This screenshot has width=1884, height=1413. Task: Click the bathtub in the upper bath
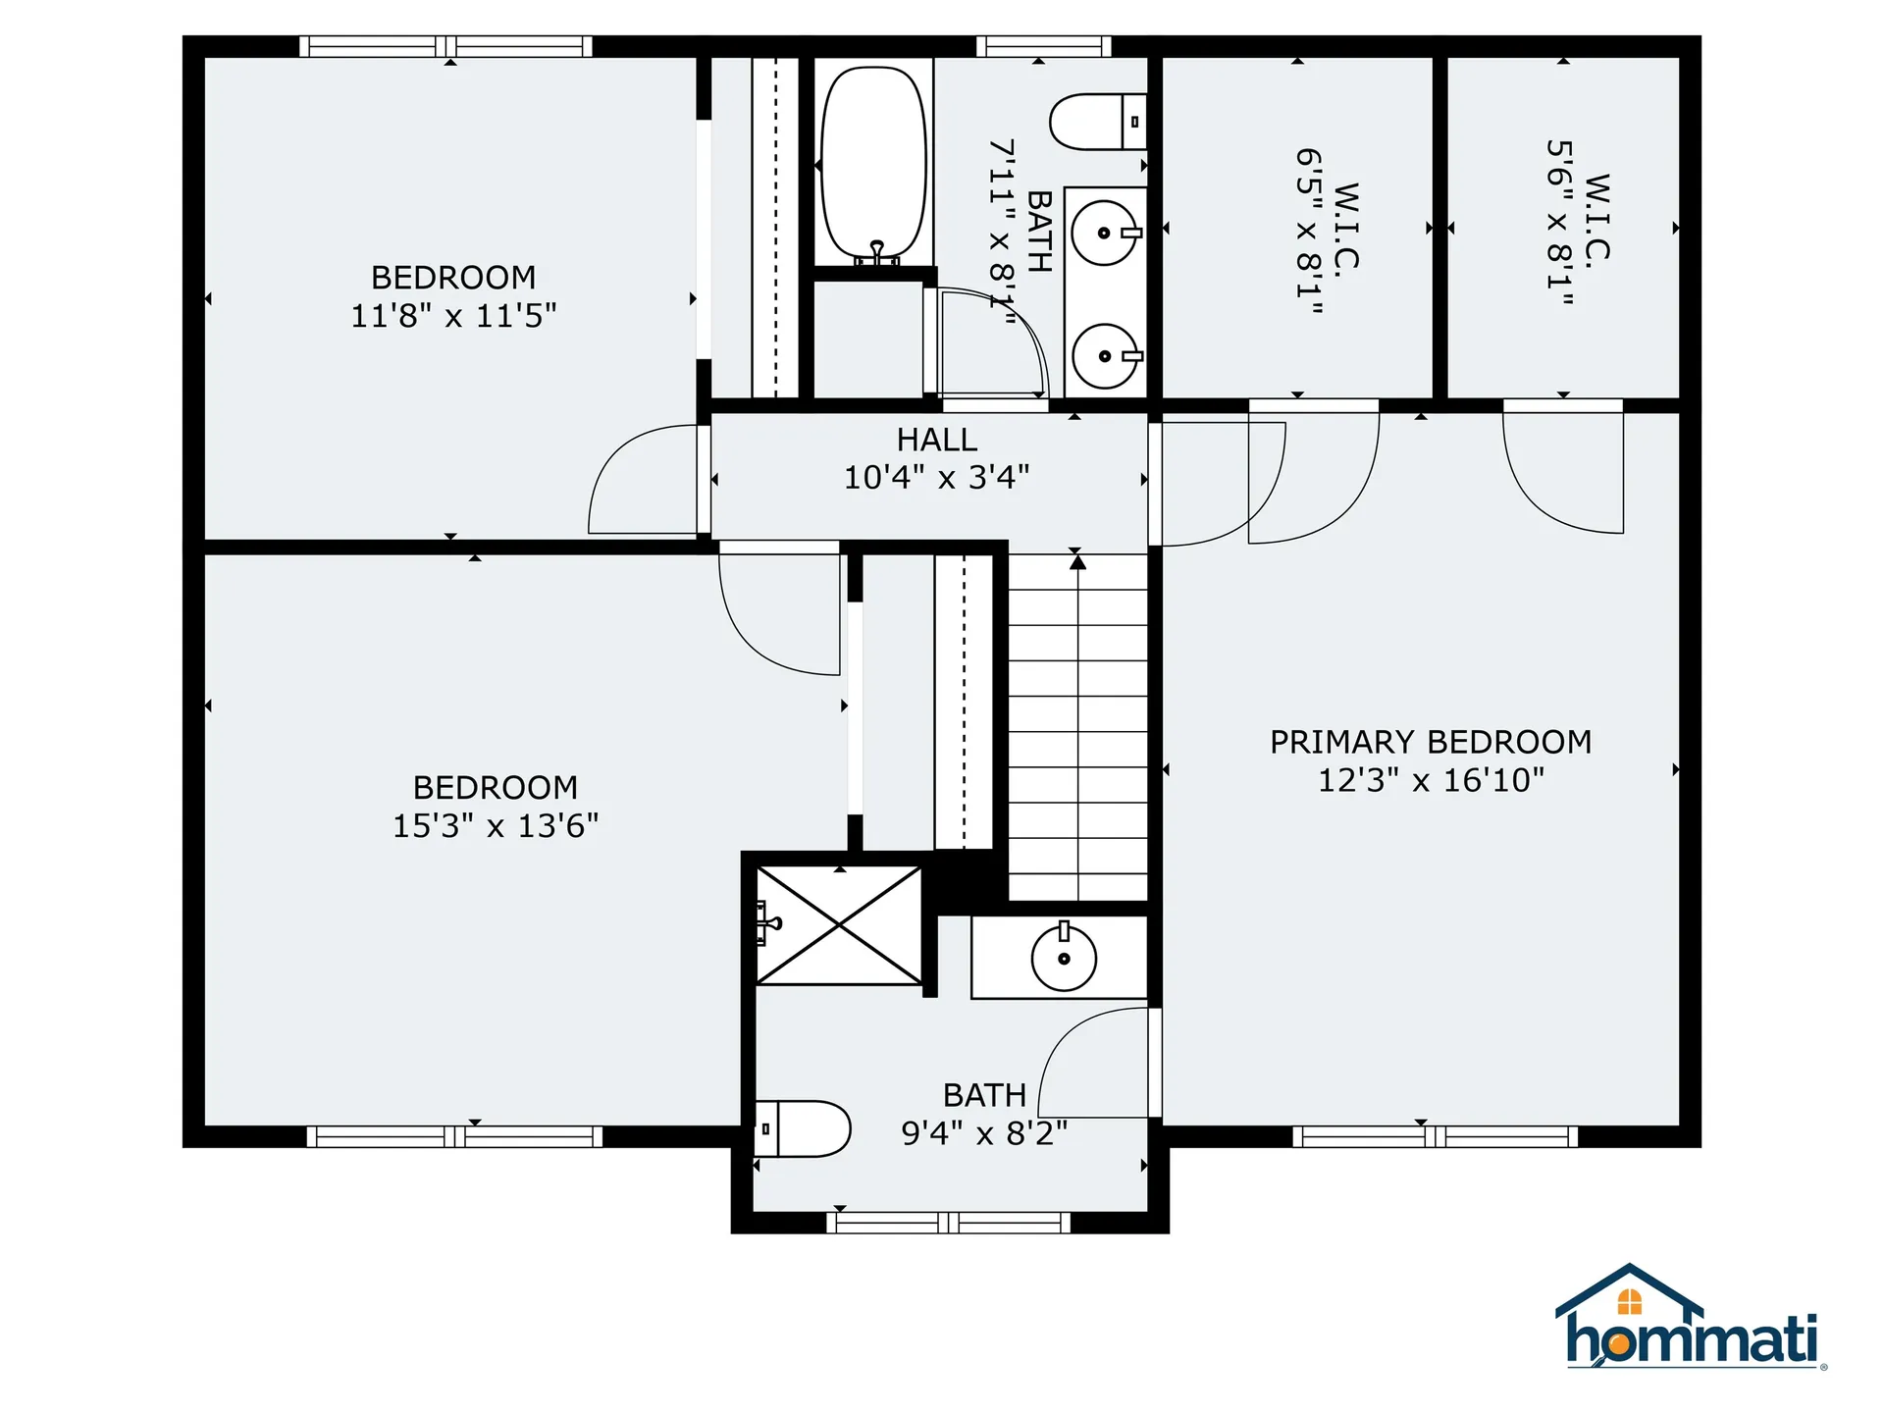pyautogui.click(x=873, y=162)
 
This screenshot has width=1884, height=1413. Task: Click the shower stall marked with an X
pyautogui.click(x=839, y=924)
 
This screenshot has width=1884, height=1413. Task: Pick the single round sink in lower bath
pyautogui.click(x=1064, y=958)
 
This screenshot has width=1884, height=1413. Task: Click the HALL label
pyautogui.click(x=937, y=440)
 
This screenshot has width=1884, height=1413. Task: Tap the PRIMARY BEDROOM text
pyautogui.click(x=1431, y=742)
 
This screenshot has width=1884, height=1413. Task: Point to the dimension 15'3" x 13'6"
pyautogui.click(x=496, y=826)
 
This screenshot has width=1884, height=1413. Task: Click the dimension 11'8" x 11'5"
pyautogui.click(x=453, y=316)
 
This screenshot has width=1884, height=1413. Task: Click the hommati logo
pyautogui.click(x=1690, y=1320)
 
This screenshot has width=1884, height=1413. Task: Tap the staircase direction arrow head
pyautogui.click(x=1078, y=562)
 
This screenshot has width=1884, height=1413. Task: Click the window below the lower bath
pyautogui.click(x=949, y=1223)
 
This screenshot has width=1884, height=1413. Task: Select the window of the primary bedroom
pyautogui.click(x=1435, y=1136)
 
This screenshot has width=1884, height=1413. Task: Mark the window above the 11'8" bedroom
pyautogui.click(x=445, y=46)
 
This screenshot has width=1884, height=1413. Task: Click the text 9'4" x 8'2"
pyautogui.click(x=984, y=1133)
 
